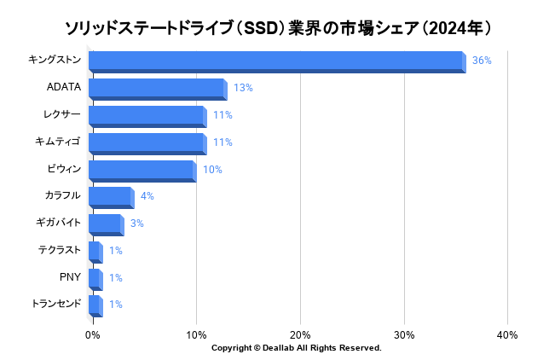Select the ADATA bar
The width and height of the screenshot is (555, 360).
(157, 89)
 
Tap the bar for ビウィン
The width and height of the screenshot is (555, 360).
(142, 170)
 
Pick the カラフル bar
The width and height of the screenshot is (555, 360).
(111, 197)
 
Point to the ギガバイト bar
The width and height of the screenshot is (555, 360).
(106, 224)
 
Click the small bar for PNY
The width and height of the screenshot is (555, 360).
(95, 278)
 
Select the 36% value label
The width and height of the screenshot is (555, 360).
(482, 61)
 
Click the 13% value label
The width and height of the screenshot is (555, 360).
(243, 88)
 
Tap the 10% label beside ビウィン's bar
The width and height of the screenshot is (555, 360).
(212, 170)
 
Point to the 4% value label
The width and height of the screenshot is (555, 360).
(147, 196)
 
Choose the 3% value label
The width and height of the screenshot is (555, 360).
(136, 224)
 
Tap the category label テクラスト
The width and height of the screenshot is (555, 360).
(59, 250)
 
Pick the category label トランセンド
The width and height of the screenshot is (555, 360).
(55, 304)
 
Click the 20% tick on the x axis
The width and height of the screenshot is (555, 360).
(300, 334)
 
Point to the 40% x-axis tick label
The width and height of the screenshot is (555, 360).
(507, 334)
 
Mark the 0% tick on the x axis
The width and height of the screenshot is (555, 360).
(93, 334)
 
